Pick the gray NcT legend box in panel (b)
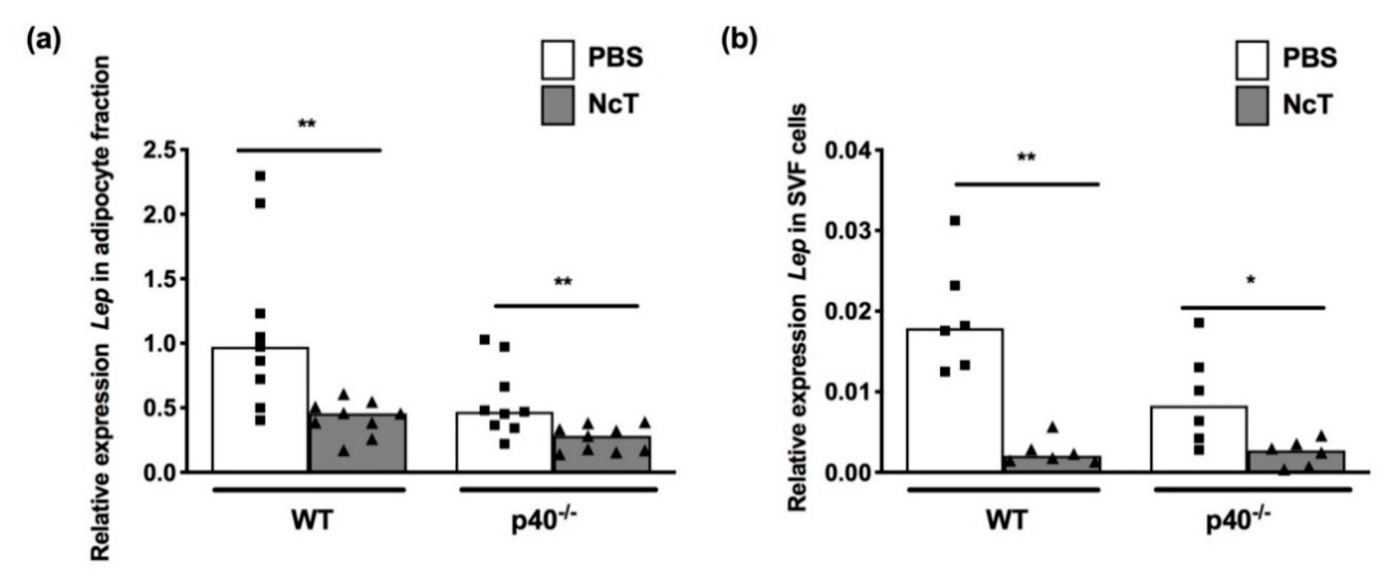[x=1252, y=106]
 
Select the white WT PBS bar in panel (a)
[x=260, y=410]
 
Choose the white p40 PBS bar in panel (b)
[x=1199, y=439]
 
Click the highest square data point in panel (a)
[x=260, y=176]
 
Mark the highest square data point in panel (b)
[x=955, y=221]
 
